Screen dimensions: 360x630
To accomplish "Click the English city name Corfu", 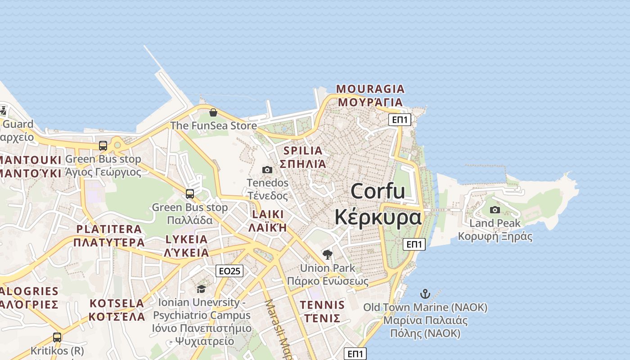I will [x=378, y=191].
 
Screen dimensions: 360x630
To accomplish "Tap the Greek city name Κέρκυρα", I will [x=378, y=217].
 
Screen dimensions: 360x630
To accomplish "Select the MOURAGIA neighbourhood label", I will [x=370, y=89].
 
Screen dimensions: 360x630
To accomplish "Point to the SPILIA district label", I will [x=303, y=151].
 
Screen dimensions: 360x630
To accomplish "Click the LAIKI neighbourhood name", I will [x=268, y=214].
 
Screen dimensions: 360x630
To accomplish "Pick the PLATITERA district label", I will [x=109, y=229].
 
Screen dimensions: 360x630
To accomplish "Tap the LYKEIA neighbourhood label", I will [x=186, y=239].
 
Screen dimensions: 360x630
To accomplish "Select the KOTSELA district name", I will [x=117, y=303].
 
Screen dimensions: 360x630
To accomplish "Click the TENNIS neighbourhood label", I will [x=322, y=305].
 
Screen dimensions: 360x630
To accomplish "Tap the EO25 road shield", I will [x=229, y=271].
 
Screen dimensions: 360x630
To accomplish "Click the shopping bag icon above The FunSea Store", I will [x=213, y=112].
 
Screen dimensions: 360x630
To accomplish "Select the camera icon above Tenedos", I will [x=267, y=170].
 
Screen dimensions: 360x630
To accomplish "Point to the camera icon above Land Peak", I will [x=495, y=210].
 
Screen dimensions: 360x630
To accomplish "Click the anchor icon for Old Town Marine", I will [x=425, y=294].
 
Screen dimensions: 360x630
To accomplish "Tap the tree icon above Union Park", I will [x=328, y=255].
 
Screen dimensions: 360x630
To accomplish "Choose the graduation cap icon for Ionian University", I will [x=201, y=289].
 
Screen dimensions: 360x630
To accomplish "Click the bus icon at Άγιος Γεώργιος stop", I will [x=103, y=146].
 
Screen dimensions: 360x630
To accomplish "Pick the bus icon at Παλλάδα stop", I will [x=190, y=194].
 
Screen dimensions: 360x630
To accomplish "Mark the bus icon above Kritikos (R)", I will [x=57, y=337].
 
